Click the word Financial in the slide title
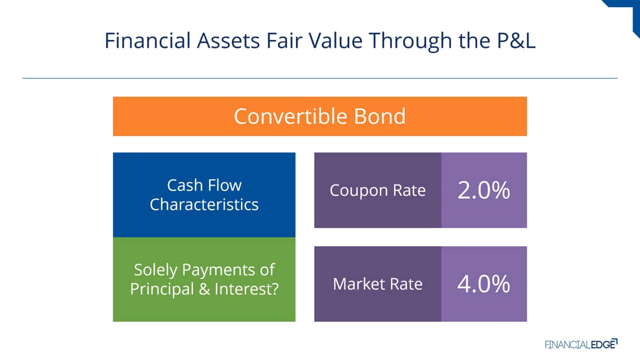click(x=147, y=41)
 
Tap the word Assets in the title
click(x=228, y=41)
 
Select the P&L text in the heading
click(x=516, y=41)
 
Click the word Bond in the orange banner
click(x=380, y=116)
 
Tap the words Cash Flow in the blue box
click(x=204, y=185)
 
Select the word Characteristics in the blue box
click(x=204, y=205)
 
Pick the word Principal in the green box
click(x=162, y=290)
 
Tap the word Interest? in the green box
click(x=246, y=289)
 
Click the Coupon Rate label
click(x=378, y=190)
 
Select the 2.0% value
click(x=483, y=190)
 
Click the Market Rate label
click(x=378, y=284)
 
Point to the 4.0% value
click(x=483, y=284)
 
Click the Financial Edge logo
click(x=581, y=344)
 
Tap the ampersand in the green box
click(x=204, y=289)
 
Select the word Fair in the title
click(x=284, y=41)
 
